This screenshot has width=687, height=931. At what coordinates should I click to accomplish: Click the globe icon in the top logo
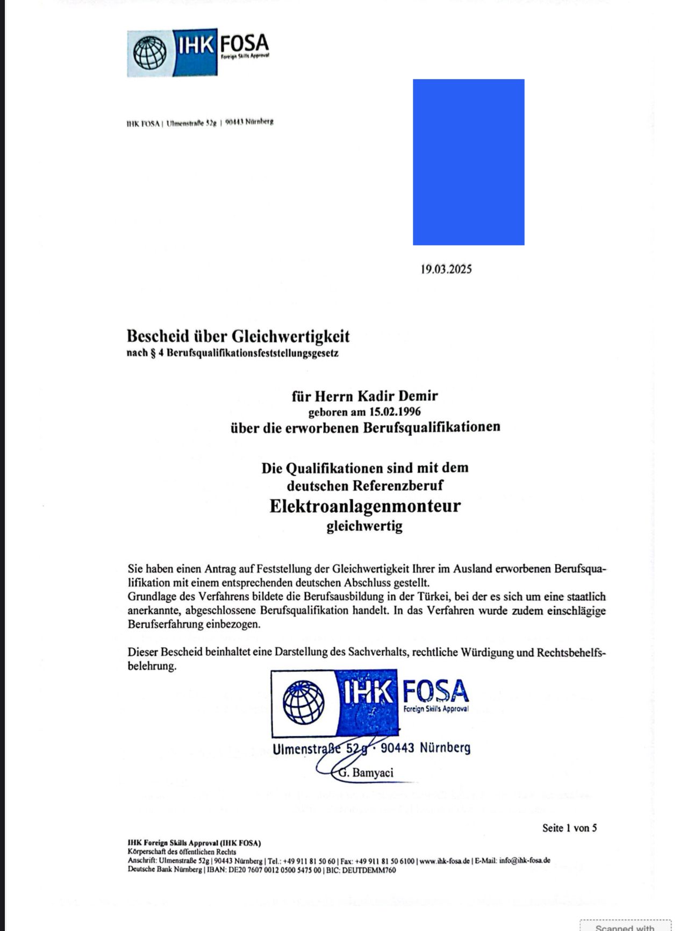pos(149,53)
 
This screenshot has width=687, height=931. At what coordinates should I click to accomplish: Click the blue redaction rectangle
pos(468,162)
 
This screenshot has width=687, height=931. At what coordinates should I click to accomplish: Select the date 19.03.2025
pos(446,269)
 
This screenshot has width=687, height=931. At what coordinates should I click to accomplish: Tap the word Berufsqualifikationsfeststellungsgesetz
pos(253,354)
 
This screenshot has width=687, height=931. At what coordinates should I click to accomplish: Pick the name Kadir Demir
pos(398,396)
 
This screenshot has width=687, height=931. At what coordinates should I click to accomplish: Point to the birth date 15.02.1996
pos(395,412)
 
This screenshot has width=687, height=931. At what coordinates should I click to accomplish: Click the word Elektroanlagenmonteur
pos(365,506)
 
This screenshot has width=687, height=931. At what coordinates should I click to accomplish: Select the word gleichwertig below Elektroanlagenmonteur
pos(364,526)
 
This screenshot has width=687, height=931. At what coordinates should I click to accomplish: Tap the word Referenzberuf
pos(398,485)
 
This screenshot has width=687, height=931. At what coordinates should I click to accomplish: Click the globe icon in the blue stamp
pos(304,702)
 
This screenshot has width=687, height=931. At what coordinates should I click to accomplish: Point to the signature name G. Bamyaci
pos(367,773)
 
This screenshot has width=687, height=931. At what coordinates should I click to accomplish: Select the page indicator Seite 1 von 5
pos(569,828)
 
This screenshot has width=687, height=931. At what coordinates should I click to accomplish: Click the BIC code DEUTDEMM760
pos(369,870)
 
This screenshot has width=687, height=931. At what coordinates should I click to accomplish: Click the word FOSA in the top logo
pos(244,44)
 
